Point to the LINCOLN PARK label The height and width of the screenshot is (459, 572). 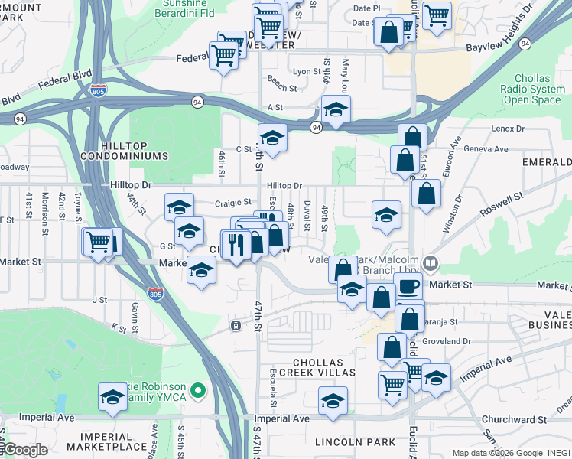[355, 442]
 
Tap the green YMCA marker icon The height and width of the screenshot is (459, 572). [198, 392]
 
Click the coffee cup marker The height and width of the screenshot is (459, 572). [408, 287]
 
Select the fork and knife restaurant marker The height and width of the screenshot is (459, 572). [235, 245]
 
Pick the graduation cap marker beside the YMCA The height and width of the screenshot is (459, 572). [112, 397]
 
